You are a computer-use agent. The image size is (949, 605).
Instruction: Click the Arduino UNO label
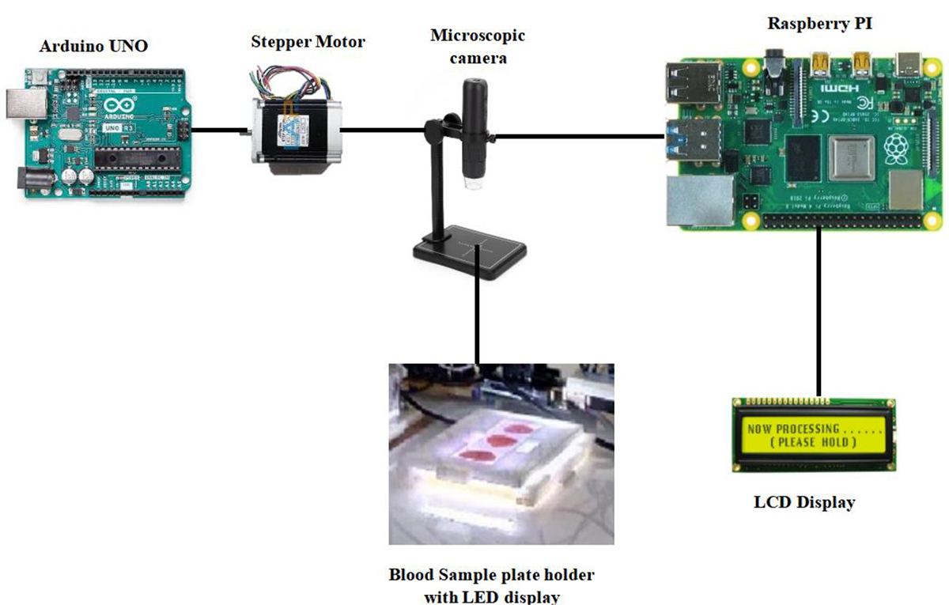coord(93,47)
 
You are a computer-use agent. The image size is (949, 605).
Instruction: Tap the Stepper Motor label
coord(308,41)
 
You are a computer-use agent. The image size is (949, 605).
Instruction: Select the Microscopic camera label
coord(477,46)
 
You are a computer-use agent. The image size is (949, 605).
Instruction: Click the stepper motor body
coord(296,131)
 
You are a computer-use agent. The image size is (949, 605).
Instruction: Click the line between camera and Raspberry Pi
coord(577,137)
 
